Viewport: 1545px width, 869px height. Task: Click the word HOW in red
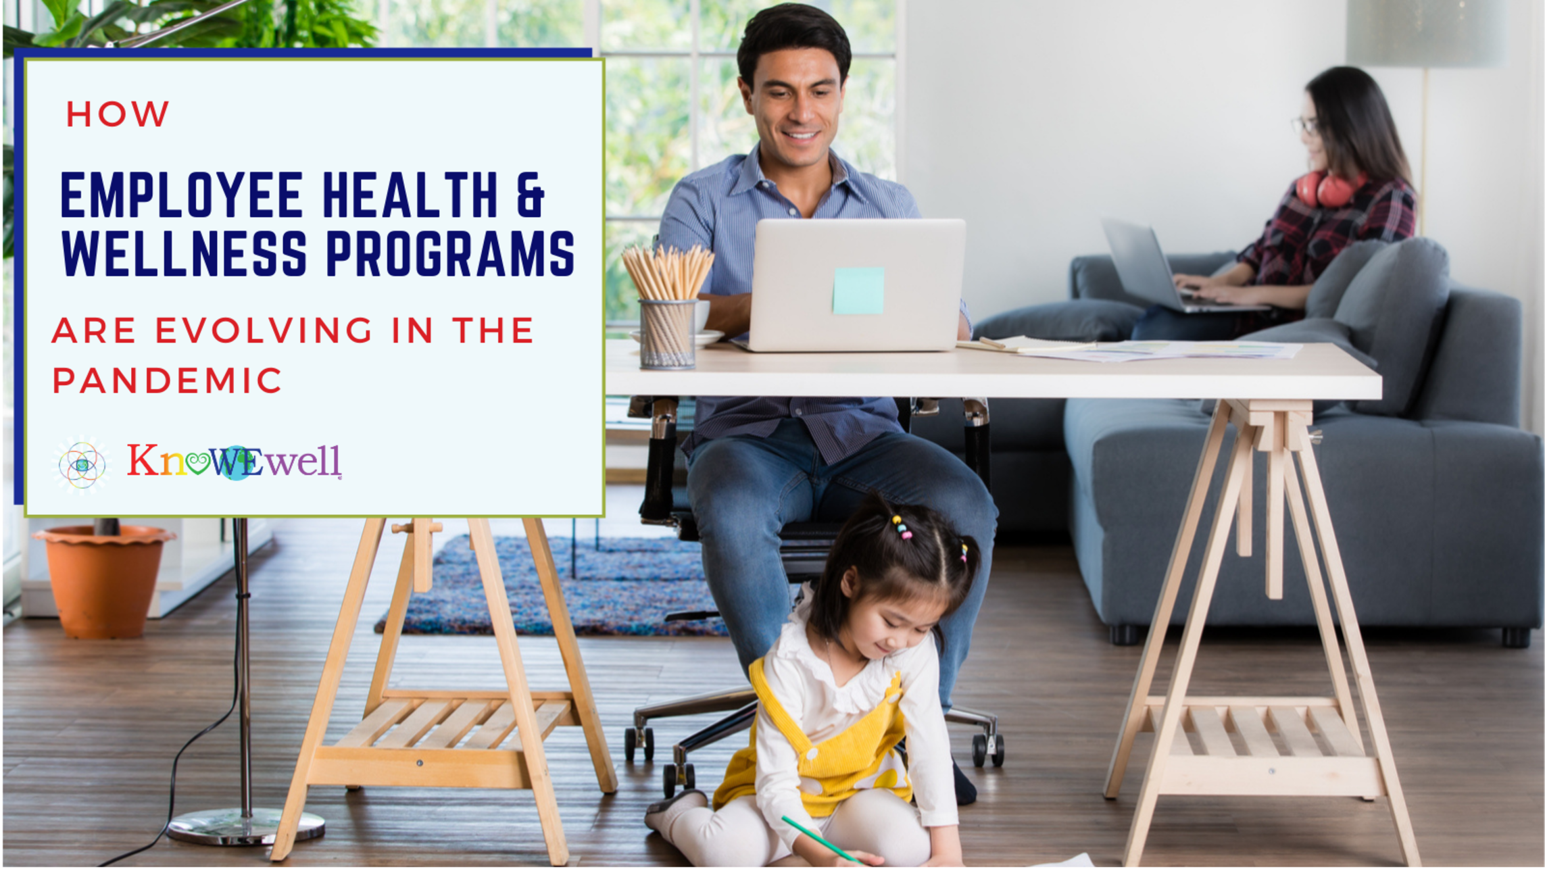(118, 114)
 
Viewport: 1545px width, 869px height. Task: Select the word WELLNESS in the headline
(185, 253)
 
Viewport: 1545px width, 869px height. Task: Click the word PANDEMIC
(167, 380)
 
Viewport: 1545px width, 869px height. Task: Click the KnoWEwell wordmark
(235, 462)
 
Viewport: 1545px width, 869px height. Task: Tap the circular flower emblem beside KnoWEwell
(82, 464)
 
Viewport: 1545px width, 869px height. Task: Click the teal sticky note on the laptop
(858, 290)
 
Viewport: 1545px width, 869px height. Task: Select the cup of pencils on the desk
(668, 307)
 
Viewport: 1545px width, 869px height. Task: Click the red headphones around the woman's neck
(1327, 189)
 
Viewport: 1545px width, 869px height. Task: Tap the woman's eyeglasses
(1305, 125)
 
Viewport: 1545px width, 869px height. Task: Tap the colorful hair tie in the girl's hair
(902, 528)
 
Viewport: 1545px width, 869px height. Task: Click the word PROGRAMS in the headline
(450, 253)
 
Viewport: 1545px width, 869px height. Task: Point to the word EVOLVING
(264, 330)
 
